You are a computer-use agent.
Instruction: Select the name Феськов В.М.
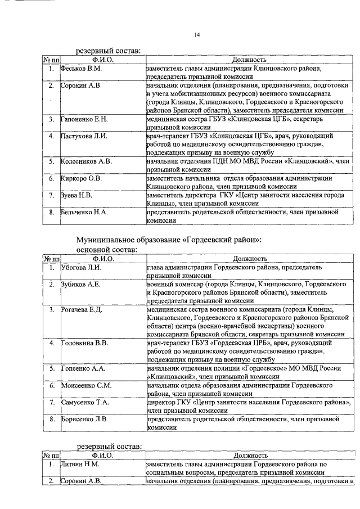[82, 69]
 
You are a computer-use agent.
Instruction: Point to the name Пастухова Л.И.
[83, 137]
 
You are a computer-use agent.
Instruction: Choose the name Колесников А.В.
[86, 161]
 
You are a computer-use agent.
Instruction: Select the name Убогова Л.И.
[81, 268]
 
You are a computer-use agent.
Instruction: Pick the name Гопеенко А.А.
[82, 368]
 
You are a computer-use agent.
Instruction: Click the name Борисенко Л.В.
[84, 419]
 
